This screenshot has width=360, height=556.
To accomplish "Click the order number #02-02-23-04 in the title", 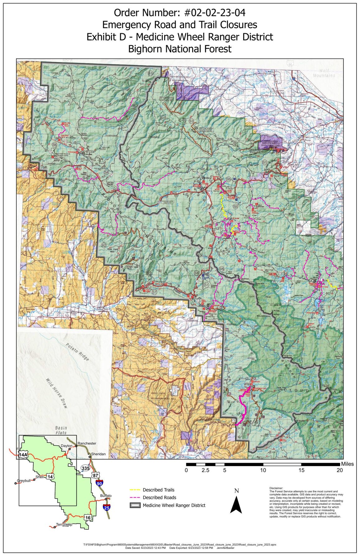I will click(x=215, y=13).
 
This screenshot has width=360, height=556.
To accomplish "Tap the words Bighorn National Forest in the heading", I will click(x=180, y=49).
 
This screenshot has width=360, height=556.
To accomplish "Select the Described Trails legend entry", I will click(x=158, y=490).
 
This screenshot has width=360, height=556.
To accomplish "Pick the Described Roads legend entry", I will click(x=159, y=498).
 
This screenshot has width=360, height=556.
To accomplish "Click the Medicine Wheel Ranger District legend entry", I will click(x=174, y=505).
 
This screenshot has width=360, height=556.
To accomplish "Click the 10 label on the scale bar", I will click(x=263, y=470).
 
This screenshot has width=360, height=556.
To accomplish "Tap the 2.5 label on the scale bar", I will click(x=205, y=470).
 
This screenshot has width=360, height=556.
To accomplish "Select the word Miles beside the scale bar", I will click(x=347, y=464).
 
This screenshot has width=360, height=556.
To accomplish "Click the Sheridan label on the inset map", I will click(x=98, y=454).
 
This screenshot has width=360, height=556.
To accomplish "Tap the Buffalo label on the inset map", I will click(x=106, y=496).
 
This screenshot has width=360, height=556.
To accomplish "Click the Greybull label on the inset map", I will click(x=24, y=481).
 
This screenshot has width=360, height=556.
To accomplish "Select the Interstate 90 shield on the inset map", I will click(x=99, y=483).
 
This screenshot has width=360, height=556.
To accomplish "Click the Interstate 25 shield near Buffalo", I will click(x=106, y=508).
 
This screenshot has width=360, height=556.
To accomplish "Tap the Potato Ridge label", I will click(x=77, y=352).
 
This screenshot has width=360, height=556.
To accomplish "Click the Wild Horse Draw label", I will click(x=56, y=393).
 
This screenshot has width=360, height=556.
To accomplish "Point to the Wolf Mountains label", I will click(x=324, y=73).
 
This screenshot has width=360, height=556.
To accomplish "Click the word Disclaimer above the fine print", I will click(x=276, y=488).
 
